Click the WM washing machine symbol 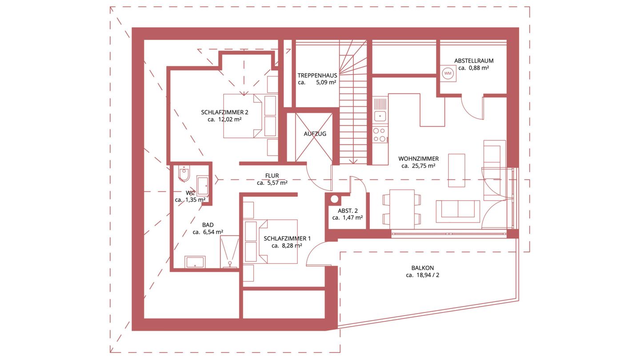(448, 73)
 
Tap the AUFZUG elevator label (315, 134)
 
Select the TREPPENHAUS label (317, 76)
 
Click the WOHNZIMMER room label (419, 159)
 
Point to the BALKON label (423, 268)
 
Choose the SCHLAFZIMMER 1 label (287, 239)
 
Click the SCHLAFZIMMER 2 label (224, 112)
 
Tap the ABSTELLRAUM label (474, 61)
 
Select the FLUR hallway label (272, 176)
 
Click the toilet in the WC (184, 173)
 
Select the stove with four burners (380, 135)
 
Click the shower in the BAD (229, 252)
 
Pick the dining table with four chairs (402, 209)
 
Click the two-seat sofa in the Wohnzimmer (458, 212)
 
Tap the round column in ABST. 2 (334, 199)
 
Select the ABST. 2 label (348, 211)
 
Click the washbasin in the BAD (195, 262)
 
